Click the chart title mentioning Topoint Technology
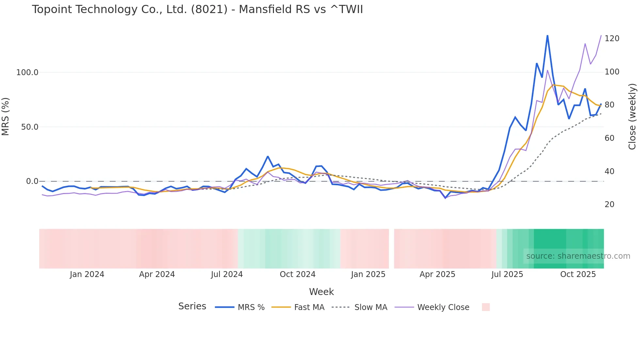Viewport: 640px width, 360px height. (x=197, y=9)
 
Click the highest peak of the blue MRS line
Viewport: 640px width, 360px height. (x=547, y=36)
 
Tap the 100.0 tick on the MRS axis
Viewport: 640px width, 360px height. (x=27, y=72)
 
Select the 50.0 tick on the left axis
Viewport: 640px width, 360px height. (x=29, y=127)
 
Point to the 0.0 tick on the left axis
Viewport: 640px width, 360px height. (x=32, y=181)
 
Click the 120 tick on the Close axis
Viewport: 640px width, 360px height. (x=612, y=39)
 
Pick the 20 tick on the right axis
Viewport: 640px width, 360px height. (x=609, y=205)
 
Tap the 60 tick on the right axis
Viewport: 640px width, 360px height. (x=609, y=138)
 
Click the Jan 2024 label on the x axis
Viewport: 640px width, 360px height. (x=87, y=274)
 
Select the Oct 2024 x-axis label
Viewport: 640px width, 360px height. (x=297, y=274)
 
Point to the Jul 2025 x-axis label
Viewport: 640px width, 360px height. (x=507, y=274)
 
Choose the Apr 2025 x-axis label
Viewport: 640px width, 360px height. (x=437, y=274)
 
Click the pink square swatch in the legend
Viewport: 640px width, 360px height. (x=486, y=307)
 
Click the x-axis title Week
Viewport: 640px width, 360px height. (x=321, y=292)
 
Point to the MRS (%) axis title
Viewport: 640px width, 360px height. (x=6, y=116)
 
